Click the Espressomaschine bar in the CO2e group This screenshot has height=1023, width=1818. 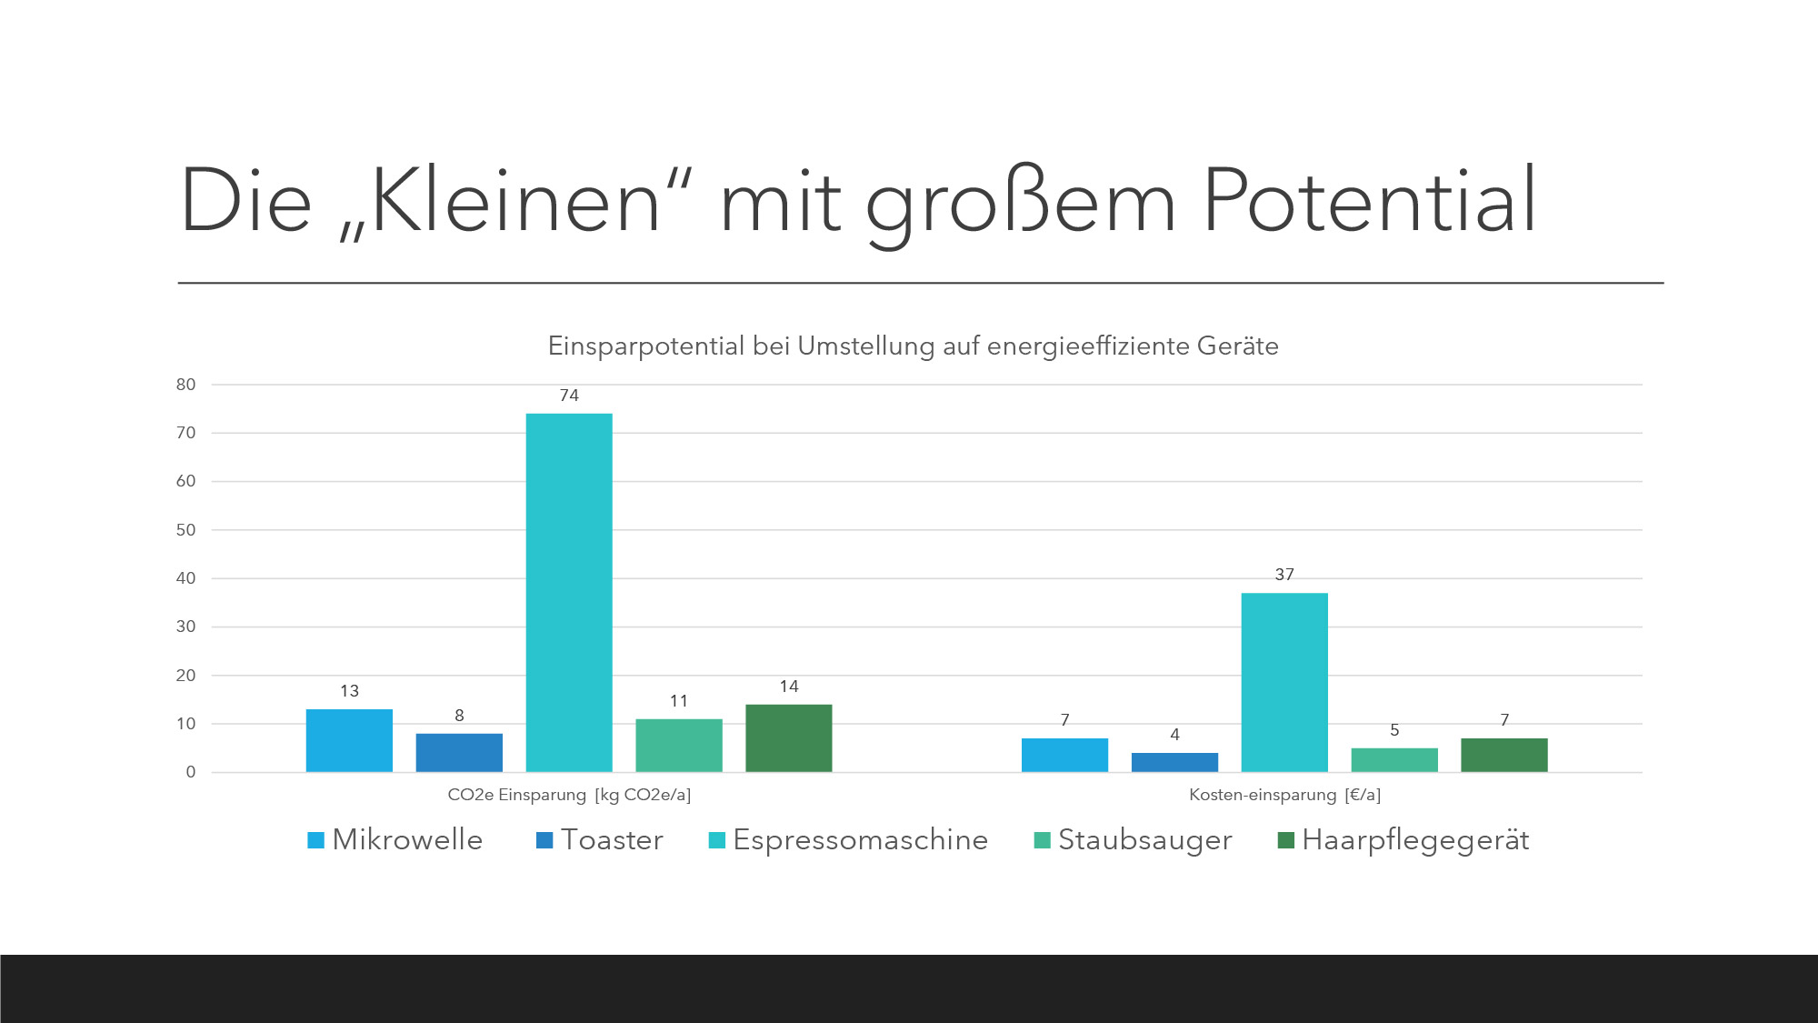[569, 592]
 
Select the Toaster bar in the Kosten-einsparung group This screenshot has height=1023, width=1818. [1174, 762]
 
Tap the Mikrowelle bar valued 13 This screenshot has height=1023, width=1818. [349, 740]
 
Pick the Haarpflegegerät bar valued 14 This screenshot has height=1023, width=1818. [788, 737]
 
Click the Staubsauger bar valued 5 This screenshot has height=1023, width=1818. [1394, 760]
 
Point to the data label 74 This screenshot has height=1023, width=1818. [569, 396]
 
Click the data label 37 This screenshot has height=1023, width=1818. [1284, 575]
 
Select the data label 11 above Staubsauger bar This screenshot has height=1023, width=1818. [679, 701]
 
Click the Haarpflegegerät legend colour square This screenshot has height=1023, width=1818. [1285, 840]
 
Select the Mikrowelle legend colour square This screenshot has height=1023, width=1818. [315, 840]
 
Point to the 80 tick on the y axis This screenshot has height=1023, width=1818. [186, 385]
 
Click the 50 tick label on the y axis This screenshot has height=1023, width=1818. [186, 530]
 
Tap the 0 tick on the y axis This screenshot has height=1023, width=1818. [191, 772]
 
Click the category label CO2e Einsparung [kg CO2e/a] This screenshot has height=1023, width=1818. [569, 795]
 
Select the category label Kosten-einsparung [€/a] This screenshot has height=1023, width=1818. [1284, 795]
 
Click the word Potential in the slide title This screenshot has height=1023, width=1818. [1369, 201]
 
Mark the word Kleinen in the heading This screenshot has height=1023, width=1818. [514, 201]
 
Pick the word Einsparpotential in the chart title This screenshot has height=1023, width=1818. [646, 346]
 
